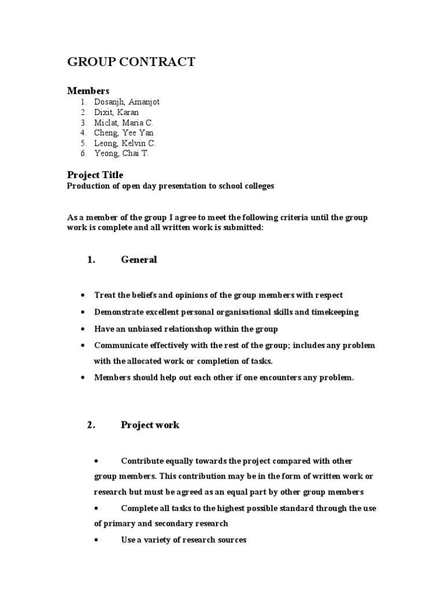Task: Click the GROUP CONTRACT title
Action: click(131, 62)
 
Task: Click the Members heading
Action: click(88, 91)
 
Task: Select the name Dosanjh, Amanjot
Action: click(127, 102)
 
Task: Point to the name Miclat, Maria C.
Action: click(124, 123)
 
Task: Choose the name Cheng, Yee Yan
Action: click(124, 133)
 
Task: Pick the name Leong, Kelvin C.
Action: click(125, 143)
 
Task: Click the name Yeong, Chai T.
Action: click(121, 154)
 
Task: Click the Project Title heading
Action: click(95, 175)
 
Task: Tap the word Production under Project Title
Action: click(87, 186)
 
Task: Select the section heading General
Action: click(139, 260)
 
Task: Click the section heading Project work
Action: click(150, 425)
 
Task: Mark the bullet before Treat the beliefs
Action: click(83, 295)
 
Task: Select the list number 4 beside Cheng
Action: click(83, 133)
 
